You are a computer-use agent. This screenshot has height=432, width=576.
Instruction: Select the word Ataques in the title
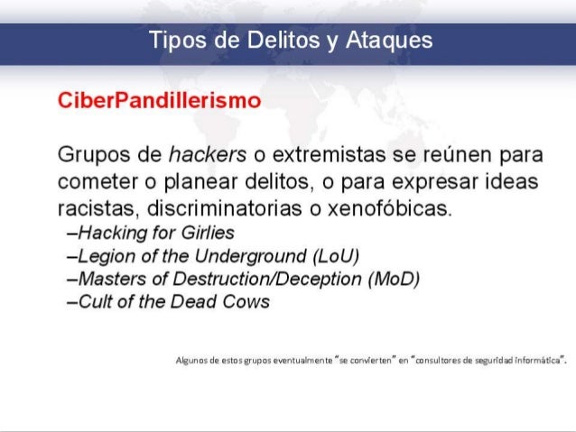coord(390,41)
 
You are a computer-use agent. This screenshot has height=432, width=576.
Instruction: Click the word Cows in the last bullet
coord(247,301)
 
